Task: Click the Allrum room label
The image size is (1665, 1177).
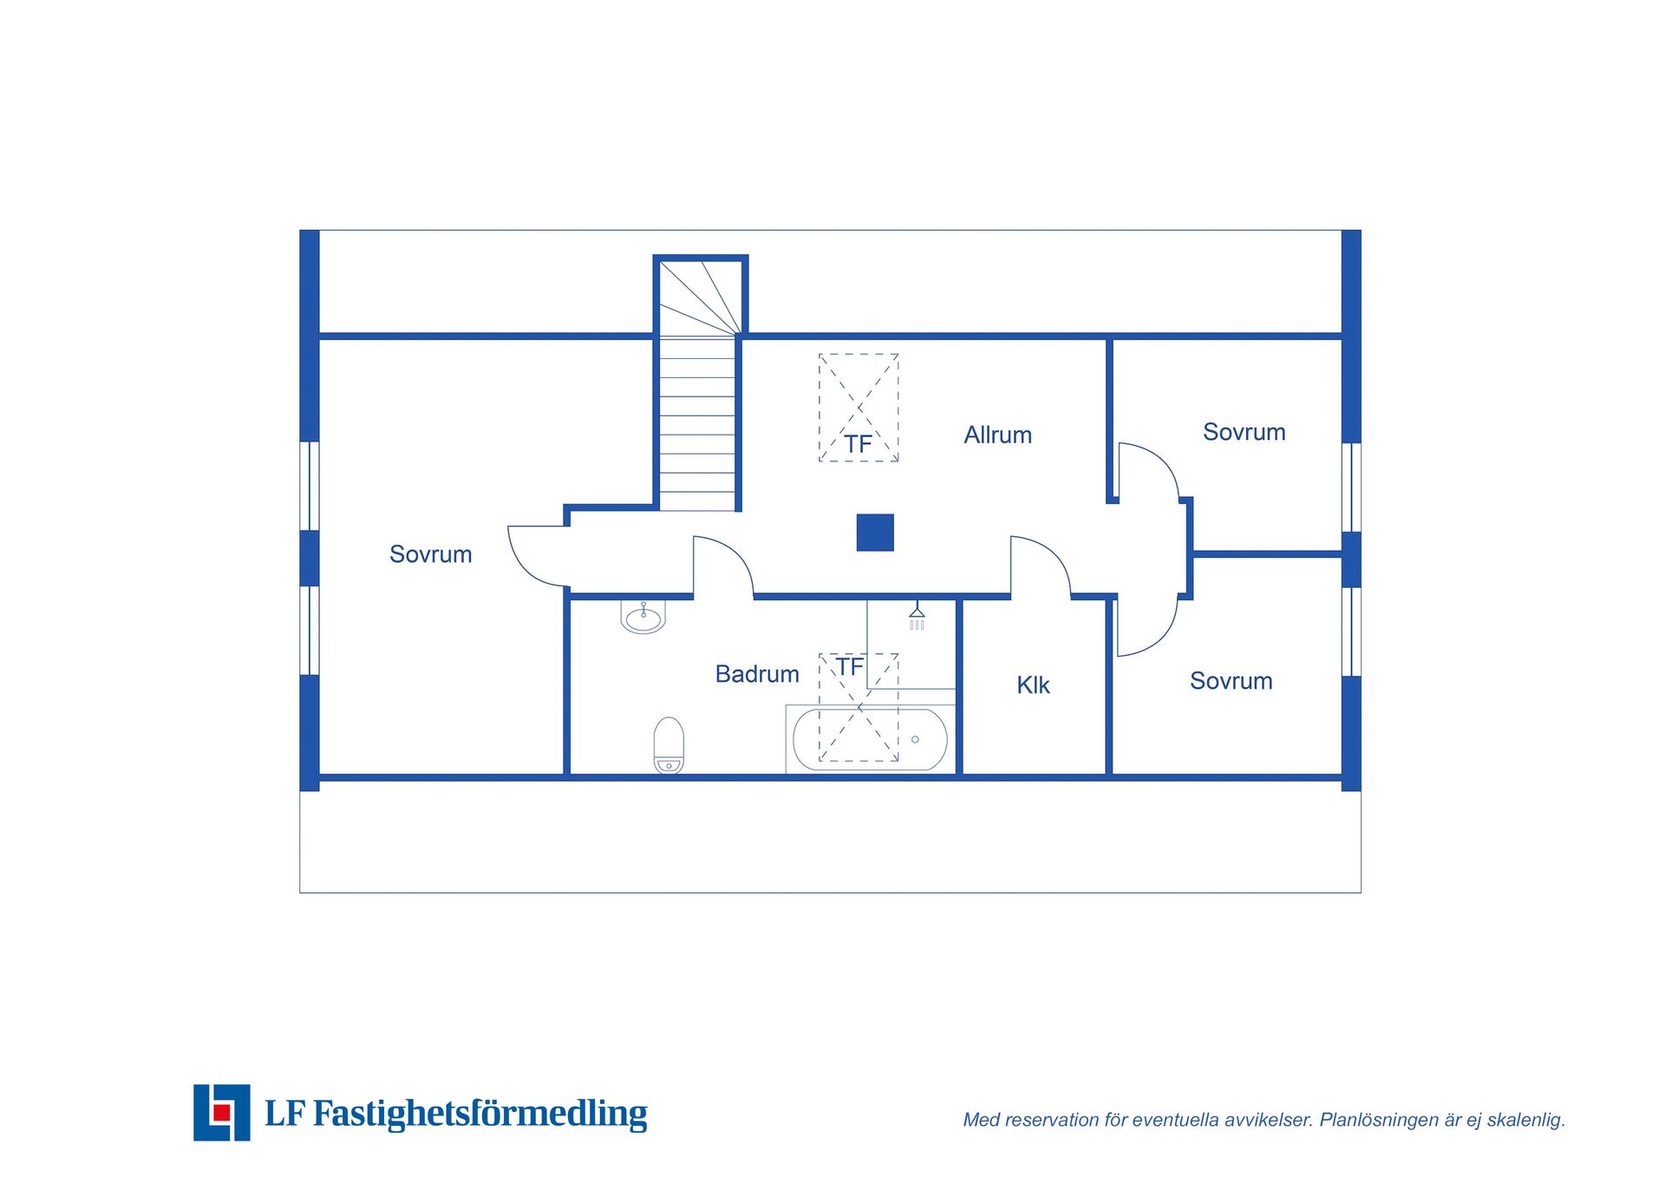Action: click(x=998, y=435)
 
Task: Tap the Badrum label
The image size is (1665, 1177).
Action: click(x=757, y=674)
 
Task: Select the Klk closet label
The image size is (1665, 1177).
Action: click(x=1033, y=685)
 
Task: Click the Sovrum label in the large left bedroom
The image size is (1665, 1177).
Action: click(x=431, y=554)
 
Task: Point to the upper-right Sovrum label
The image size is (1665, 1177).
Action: click(x=1244, y=432)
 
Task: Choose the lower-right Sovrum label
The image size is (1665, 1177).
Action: click(x=1231, y=681)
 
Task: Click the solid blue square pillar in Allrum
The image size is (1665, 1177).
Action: click(x=875, y=533)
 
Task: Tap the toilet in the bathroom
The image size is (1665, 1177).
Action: click(x=669, y=745)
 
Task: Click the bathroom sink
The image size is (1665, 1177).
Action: click(x=643, y=617)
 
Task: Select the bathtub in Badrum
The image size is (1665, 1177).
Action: click(x=870, y=740)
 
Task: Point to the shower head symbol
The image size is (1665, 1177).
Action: click(x=917, y=616)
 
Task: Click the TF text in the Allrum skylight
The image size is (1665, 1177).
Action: click(x=858, y=445)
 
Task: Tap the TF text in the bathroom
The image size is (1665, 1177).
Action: click(x=850, y=667)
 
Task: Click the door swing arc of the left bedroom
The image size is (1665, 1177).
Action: click(x=526, y=568)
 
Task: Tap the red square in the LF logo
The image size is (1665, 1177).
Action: click(x=222, y=1113)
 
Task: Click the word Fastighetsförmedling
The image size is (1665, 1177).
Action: click(x=480, y=1114)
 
